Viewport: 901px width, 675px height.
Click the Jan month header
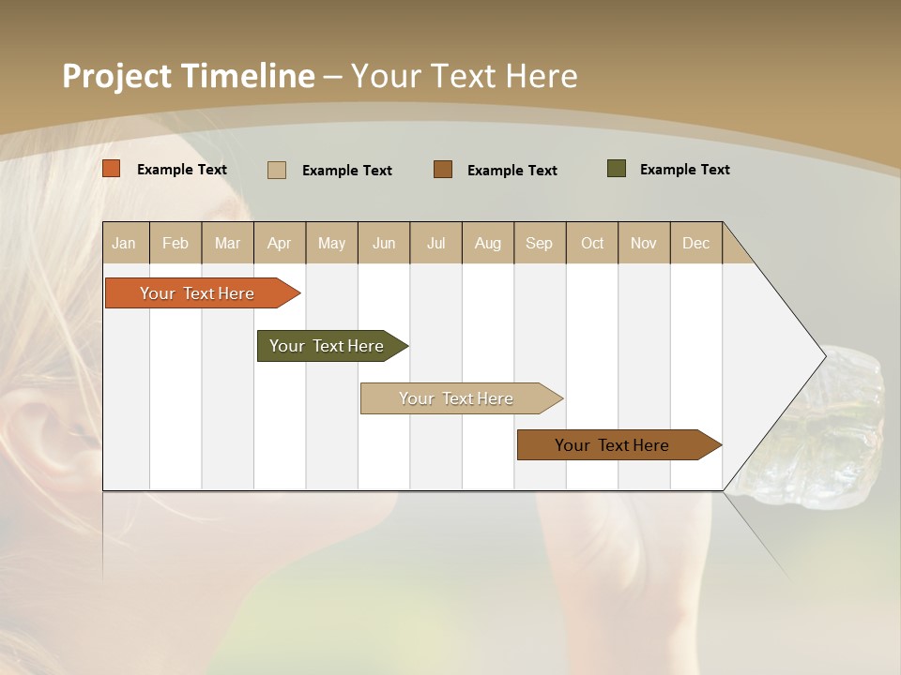point(125,243)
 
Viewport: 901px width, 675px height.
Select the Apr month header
point(280,243)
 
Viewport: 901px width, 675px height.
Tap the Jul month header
point(435,243)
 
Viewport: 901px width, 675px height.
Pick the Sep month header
point(540,243)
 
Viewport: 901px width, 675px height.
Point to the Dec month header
point(695,243)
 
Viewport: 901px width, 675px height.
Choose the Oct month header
point(592,243)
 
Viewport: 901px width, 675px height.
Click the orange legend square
point(112,169)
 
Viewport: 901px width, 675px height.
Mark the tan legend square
point(277,170)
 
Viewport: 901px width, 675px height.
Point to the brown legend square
point(443,170)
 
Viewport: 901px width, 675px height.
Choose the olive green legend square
point(617,169)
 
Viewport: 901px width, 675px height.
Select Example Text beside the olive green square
point(684,169)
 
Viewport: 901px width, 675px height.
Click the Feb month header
point(176,243)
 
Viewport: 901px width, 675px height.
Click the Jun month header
point(384,243)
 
